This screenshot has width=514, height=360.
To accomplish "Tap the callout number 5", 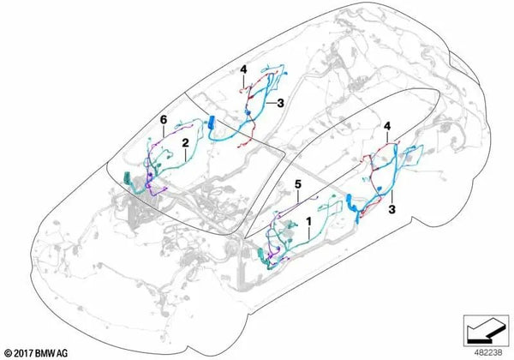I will [x=297, y=184].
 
